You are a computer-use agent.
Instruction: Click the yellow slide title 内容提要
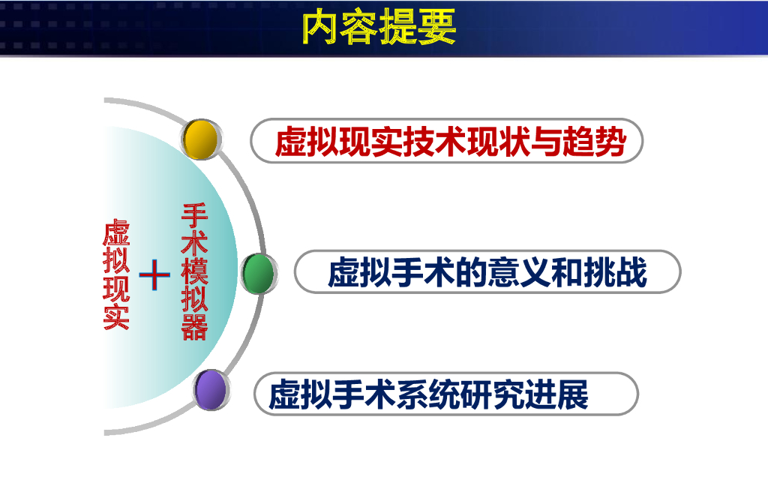click(379, 27)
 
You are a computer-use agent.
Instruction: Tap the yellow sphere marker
click(201, 139)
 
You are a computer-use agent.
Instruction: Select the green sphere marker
click(259, 274)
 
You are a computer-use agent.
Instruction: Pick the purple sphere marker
click(211, 390)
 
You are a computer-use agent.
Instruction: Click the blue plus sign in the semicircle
click(154, 274)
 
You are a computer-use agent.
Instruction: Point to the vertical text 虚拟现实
click(116, 274)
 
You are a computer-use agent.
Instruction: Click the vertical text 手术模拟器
click(194, 271)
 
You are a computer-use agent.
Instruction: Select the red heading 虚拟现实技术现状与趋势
click(451, 142)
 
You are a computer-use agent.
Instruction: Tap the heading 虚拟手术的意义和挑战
click(487, 272)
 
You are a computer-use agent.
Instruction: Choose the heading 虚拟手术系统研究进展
click(428, 394)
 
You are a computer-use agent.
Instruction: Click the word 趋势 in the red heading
click(595, 142)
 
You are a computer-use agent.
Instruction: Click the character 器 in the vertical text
click(194, 327)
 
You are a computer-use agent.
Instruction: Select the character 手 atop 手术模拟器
click(194, 216)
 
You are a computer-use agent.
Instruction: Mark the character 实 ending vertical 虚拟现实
click(116, 317)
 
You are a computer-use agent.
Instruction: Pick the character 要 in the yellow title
click(437, 27)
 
